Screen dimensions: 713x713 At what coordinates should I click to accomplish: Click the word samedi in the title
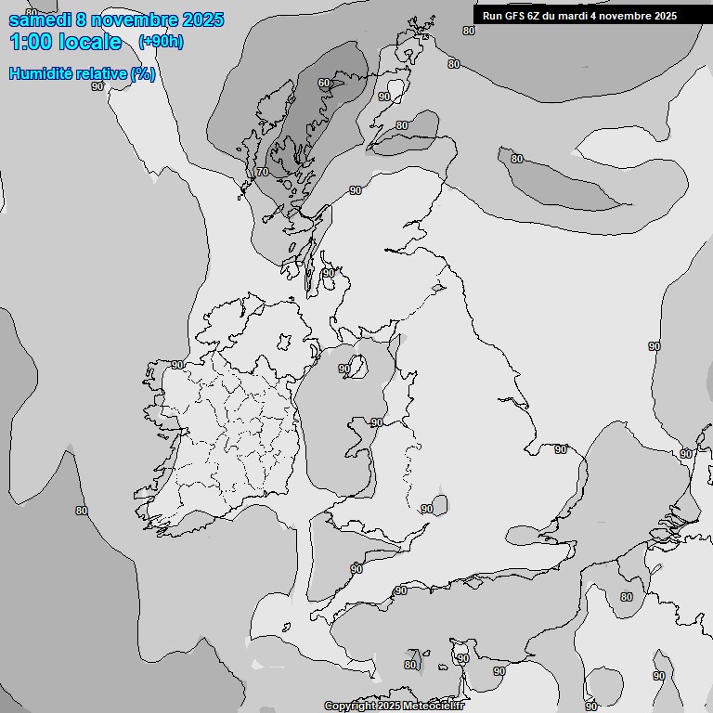(39, 19)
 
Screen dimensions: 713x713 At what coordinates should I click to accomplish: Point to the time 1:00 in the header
(29, 42)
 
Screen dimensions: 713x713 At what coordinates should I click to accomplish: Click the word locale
(90, 42)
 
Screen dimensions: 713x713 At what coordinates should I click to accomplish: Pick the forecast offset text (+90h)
(161, 42)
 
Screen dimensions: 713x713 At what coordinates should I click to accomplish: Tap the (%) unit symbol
(142, 74)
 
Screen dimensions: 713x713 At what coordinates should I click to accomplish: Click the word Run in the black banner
(493, 16)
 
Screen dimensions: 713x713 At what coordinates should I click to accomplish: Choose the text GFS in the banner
(516, 16)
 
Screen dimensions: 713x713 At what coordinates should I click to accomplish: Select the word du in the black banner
(555, 16)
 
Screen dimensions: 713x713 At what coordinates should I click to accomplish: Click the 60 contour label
(324, 84)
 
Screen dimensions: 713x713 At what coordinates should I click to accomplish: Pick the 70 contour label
(263, 172)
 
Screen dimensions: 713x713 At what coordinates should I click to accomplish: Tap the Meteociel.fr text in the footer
(440, 707)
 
